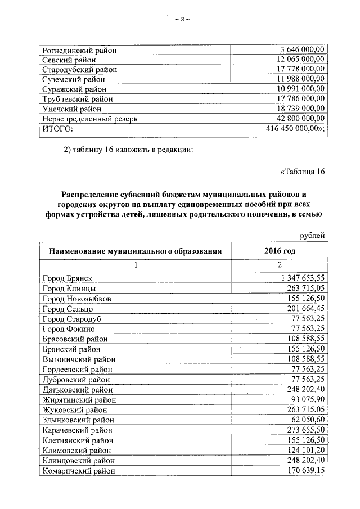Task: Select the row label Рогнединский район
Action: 79,51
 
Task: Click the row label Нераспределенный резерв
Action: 90,119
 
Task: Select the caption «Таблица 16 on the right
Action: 302,172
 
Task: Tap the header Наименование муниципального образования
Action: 134,251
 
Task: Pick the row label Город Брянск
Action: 67,278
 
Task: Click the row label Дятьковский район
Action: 78,389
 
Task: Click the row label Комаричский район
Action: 79,471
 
